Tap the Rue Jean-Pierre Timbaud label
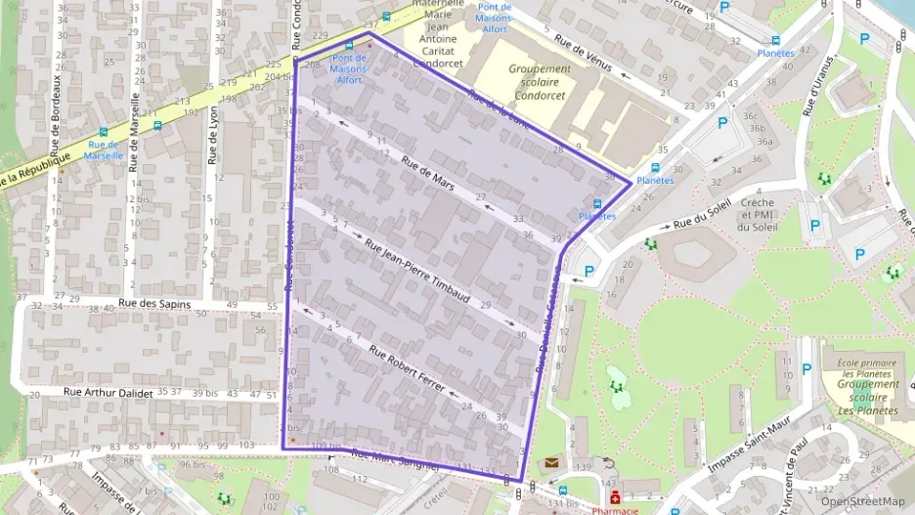(418, 272)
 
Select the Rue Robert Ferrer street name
(407, 367)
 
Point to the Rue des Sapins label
(152, 304)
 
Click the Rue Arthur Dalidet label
(109, 393)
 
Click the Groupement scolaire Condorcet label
(540, 83)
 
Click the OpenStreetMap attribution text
(863, 501)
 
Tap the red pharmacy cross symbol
(615, 497)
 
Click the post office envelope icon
(551, 462)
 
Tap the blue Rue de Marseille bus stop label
(104, 150)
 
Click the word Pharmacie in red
(615, 510)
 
